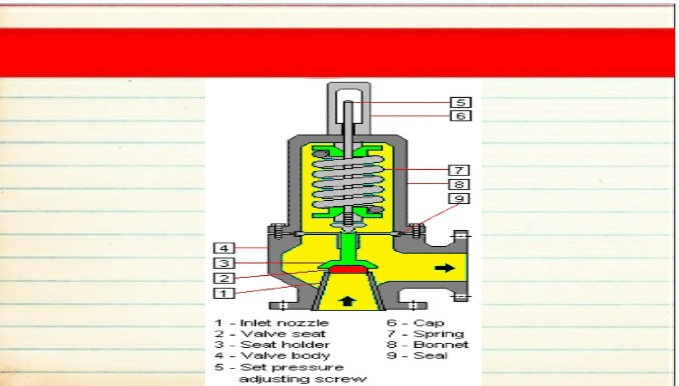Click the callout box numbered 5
point(460,102)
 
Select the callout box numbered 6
point(460,116)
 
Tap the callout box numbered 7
point(459,170)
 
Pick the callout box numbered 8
point(459,184)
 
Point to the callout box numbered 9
point(459,198)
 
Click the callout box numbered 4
point(224,248)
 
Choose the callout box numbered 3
point(224,263)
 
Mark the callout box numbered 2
point(224,278)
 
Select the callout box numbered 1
point(224,293)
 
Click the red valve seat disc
point(348,270)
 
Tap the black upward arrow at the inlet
point(347,301)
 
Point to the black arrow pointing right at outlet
point(445,268)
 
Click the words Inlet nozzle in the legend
point(284,323)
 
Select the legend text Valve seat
point(283,334)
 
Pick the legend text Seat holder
point(285,344)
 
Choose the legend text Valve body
point(285,356)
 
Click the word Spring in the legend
point(439,334)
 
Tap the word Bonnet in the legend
point(441,344)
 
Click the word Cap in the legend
point(429,323)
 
